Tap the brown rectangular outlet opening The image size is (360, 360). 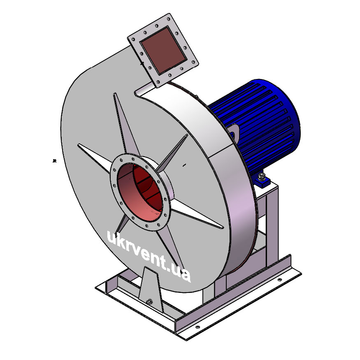pos(163,51)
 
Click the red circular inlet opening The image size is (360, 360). pos(140,193)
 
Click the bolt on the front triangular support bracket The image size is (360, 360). pos(149,302)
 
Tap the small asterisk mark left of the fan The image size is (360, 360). pos(54,161)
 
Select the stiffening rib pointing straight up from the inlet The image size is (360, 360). pos(125,124)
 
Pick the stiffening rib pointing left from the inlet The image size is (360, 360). pos(94,158)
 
